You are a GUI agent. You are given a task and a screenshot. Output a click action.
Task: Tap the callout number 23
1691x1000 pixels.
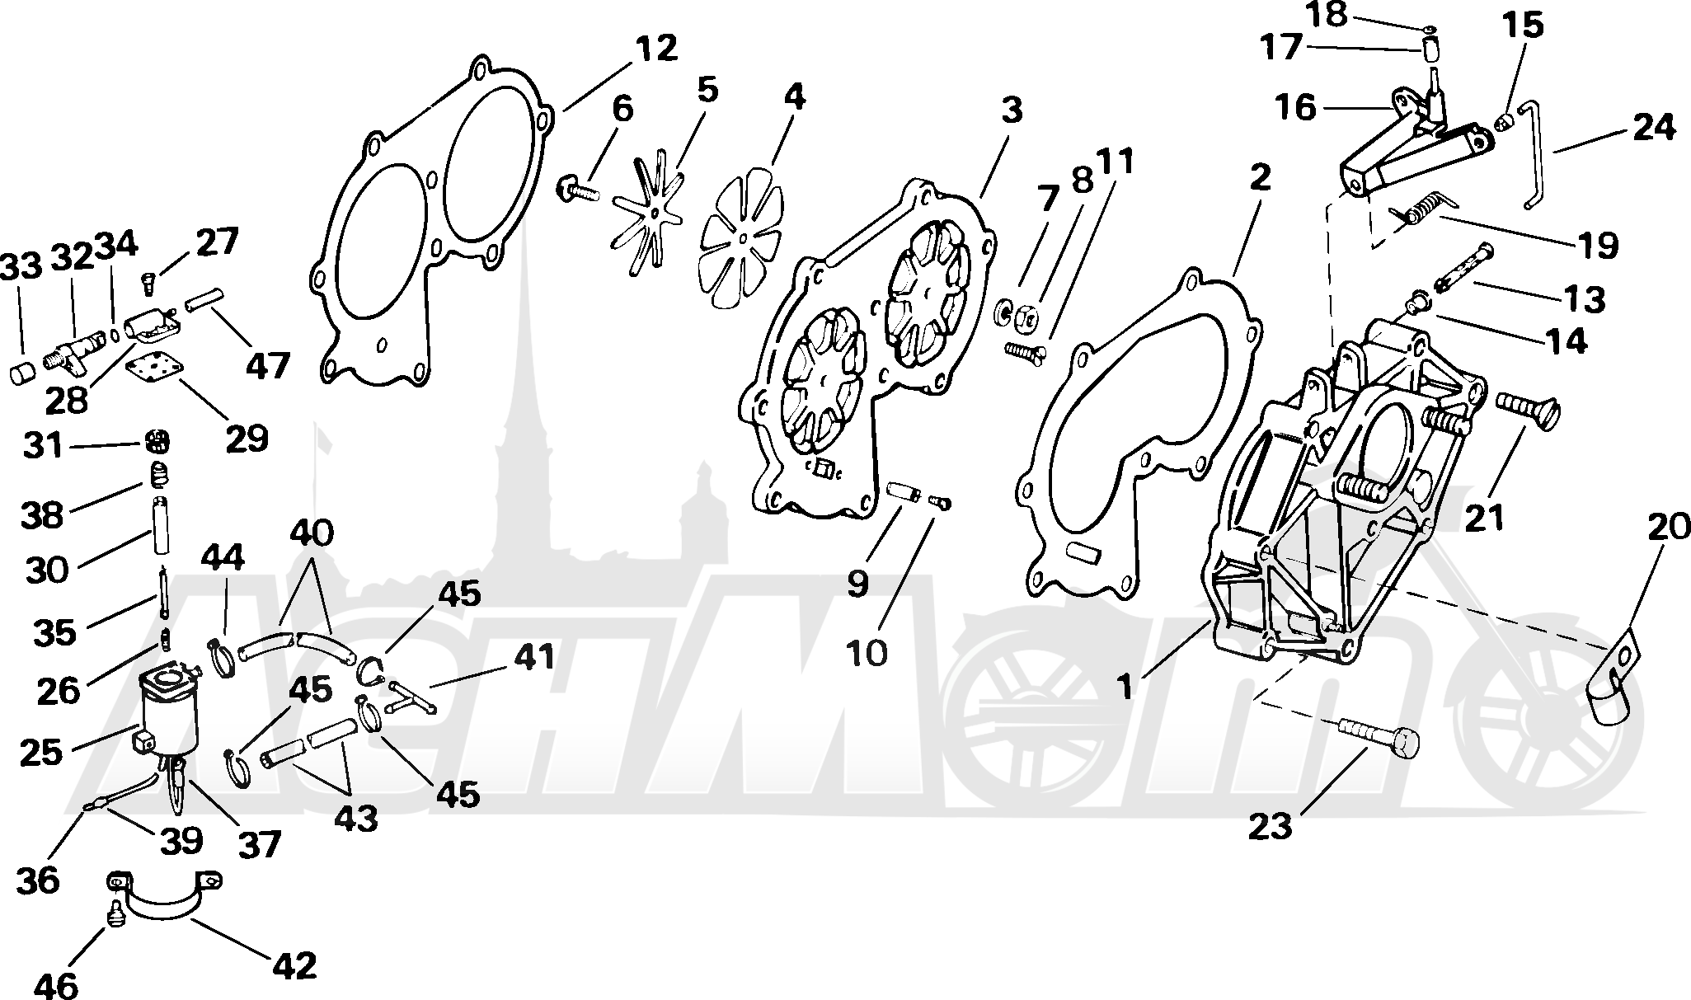tap(1270, 825)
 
